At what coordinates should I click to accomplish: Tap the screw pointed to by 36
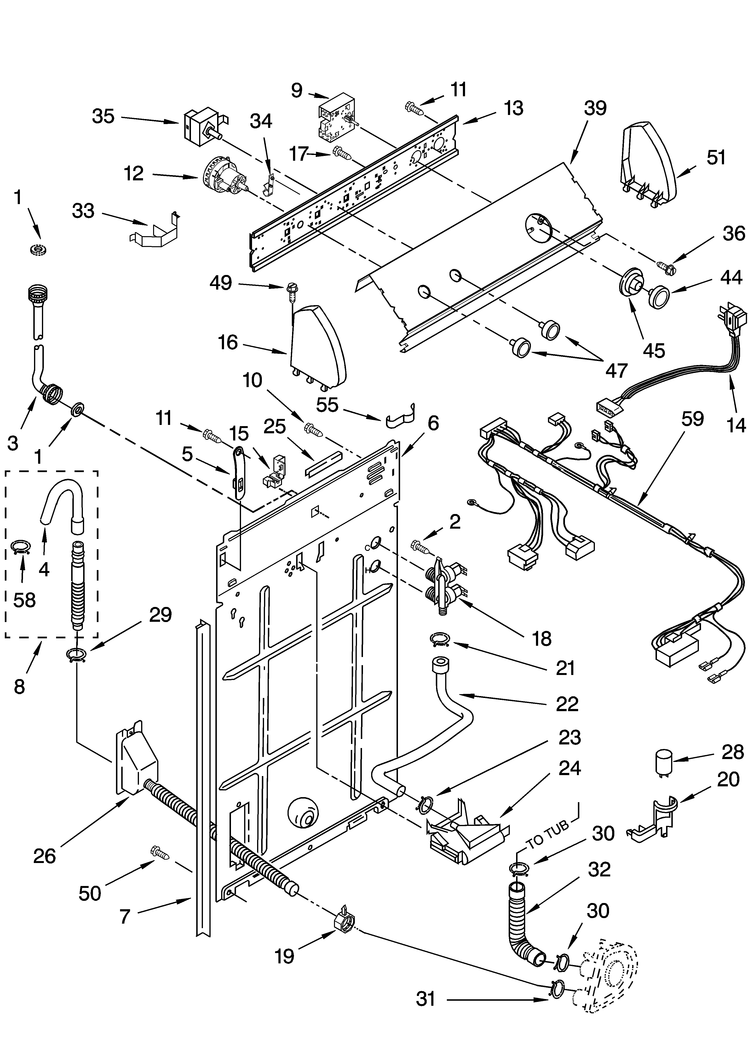pos(666,267)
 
